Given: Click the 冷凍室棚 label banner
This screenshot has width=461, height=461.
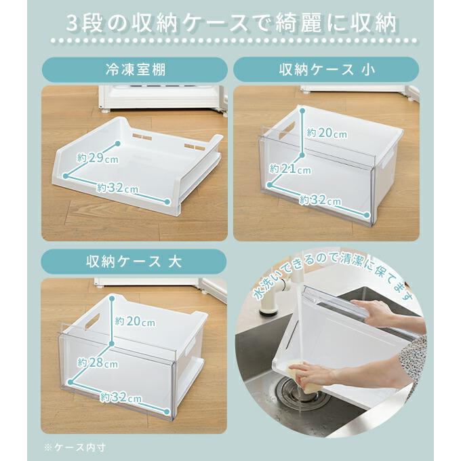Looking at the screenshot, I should click(135, 69).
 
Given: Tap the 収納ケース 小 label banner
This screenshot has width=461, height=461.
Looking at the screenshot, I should click(326, 69).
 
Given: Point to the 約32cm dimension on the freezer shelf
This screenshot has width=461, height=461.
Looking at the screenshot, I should click(117, 187).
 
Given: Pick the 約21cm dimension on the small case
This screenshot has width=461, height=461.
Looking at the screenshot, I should click(290, 168).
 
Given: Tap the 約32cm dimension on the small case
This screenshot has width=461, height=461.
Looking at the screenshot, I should click(321, 199).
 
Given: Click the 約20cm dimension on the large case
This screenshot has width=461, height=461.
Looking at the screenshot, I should click(135, 321).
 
